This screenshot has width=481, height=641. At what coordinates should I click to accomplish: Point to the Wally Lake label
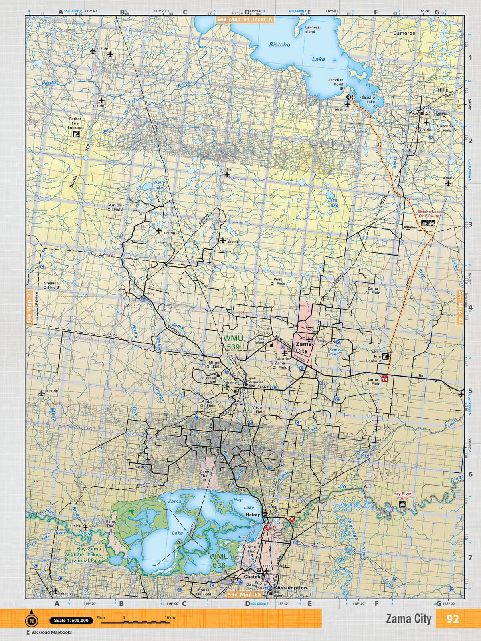[158, 185]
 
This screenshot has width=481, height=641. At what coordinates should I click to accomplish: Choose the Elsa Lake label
[333, 202]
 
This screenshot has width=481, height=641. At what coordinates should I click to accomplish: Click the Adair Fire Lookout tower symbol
[386, 357]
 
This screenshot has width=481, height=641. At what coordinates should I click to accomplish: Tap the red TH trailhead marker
[385, 378]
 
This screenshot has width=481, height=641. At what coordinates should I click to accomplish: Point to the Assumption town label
[292, 588]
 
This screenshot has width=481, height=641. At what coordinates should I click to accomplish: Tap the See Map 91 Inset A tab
[245, 19]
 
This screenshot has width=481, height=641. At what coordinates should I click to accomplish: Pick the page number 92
[452, 619]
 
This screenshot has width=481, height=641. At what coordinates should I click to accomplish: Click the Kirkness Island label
[312, 30]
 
